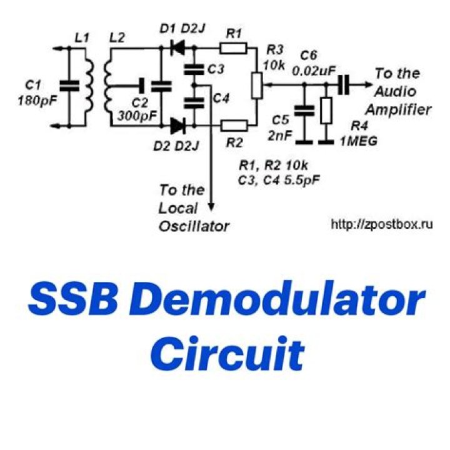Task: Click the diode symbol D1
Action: pyautogui.click(x=178, y=46)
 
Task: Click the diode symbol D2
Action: pyautogui.click(x=178, y=126)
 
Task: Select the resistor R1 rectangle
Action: pyautogui.click(x=234, y=46)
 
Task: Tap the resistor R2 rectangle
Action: pyautogui.click(x=234, y=126)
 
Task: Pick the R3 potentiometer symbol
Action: pyautogui.click(x=256, y=86)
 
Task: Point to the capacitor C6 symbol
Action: pyautogui.click(x=342, y=85)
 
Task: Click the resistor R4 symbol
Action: pyautogui.click(x=325, y=111)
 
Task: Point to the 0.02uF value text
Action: pyautogui.click(x=312, y=70)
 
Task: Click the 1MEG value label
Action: pyautogui.click(x=357, y=142)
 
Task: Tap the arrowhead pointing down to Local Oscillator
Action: pyautogui.click(x=212, y=206)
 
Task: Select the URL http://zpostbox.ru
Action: pyautogui.click(x=381, y=222)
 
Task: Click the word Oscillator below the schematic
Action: pyautogui.click(x=193, y=226)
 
